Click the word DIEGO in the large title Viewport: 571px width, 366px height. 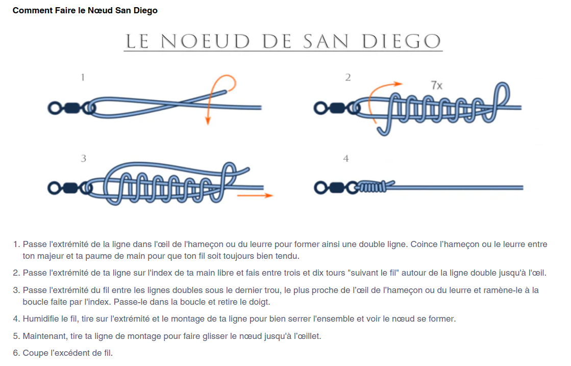[401, 41]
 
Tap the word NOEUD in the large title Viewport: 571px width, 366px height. [205, 41]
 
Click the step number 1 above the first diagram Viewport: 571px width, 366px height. [83, 77]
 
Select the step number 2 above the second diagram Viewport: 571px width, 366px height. [348, 77]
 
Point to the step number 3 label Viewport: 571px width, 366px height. [83, 158]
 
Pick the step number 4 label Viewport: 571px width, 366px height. [345, 158]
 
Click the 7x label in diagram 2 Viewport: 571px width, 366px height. [436, 85]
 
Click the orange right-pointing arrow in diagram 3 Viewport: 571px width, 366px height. [255, 196]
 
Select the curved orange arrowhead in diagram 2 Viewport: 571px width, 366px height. [398, 84]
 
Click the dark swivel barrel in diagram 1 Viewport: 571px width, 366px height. [72, 108]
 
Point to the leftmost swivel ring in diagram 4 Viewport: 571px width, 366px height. [320, 188]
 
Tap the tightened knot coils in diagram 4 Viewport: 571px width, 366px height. [372, 187]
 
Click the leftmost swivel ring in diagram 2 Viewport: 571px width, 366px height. [320, 108]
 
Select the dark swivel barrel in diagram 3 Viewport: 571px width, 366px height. [70, 188]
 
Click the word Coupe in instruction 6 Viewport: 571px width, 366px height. [35, 353]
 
